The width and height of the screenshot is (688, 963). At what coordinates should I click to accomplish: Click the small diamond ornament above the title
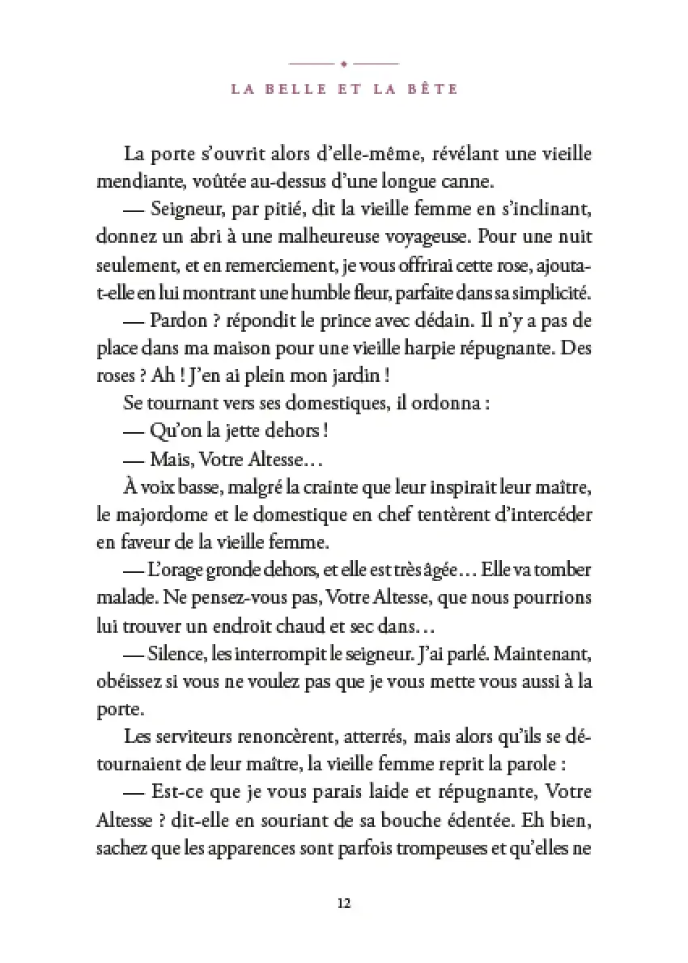344,62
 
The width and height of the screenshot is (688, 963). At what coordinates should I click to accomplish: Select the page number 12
343,903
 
